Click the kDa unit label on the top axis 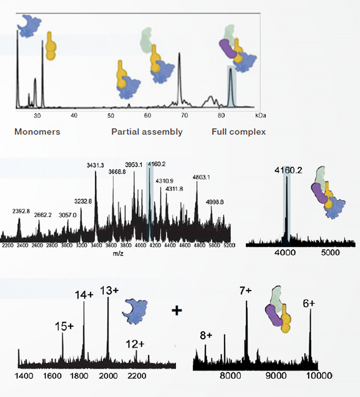point(260,115)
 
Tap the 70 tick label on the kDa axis point(184,115)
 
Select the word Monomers point(37,132)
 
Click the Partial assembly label point(147,132)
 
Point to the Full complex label point(239,132)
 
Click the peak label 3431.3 point(95,166)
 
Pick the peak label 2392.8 point(21,211)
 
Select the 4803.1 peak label point(201,177)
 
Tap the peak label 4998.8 point(215,202)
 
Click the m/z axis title point(118,254)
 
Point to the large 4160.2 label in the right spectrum point(288,171)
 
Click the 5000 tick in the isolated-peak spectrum point(330,252)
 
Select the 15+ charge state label point(64,326)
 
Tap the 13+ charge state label point(109,291)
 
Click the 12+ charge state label point(135,344)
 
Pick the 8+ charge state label point(206,335)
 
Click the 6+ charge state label point(309,303)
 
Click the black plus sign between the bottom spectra point(177,310)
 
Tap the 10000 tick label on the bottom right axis point(319,375)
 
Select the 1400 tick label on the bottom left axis point(24,376)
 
